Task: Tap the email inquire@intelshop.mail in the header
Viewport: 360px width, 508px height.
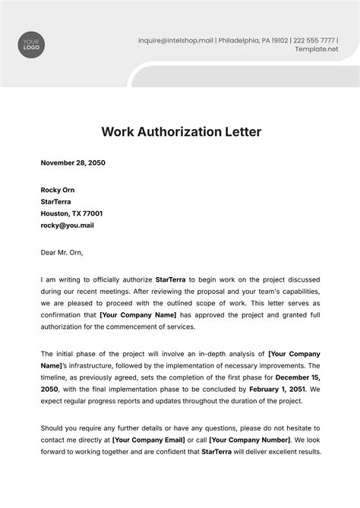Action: coord(174,39)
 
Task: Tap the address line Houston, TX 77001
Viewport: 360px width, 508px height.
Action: coord(72,213)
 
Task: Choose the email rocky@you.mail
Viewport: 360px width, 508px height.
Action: coord(68,226)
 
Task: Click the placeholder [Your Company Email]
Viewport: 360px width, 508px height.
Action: coord(148,440)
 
